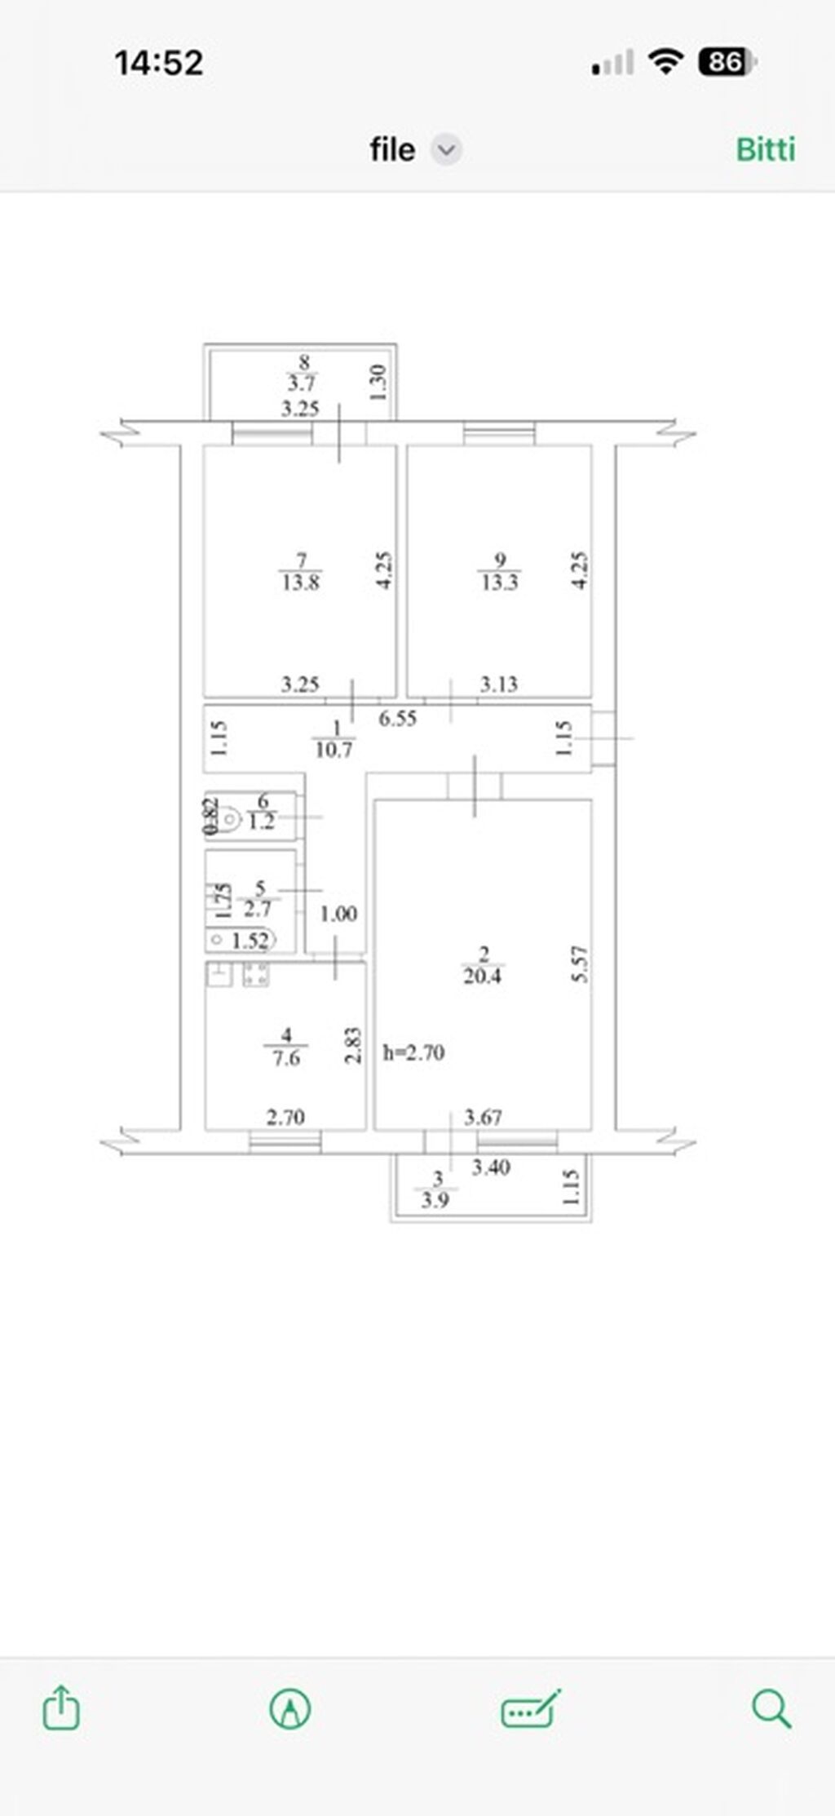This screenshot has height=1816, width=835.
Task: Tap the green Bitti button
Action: [x=765, y=149]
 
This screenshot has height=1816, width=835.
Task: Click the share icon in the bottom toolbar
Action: [x=61, y=1707]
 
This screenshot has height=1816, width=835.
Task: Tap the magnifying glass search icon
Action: [x=771, y=1707]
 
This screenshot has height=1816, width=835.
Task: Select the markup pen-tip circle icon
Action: [x=289, y=1707]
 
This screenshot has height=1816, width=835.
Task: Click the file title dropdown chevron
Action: [x=446, y=150]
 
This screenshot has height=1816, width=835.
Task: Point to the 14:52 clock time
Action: [x=159, y=63]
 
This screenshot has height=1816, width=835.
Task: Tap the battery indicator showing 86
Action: [x=726, y=62]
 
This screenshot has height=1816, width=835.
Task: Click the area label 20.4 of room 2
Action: [x=482, y=976]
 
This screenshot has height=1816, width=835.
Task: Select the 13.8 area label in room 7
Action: [x=301, y=582]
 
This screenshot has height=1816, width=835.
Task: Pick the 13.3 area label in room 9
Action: [x=499, y=582]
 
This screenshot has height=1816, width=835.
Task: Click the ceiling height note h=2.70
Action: [x=414, y=1052]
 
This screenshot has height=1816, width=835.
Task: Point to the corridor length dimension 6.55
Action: [x=398, y=718]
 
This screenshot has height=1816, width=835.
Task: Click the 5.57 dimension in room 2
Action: [x=581, y=964]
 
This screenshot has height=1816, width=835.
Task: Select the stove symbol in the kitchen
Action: [x=256, y=974]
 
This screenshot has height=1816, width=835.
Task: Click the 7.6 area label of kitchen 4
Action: [x=286, y=1058]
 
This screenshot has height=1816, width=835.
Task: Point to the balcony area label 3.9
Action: [x=435, y=1200]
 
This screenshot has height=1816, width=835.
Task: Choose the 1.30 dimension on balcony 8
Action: [x=378, y=382]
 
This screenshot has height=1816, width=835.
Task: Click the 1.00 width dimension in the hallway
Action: [x=338, y=914]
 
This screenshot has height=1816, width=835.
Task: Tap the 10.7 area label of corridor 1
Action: [x=334, y=748]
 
